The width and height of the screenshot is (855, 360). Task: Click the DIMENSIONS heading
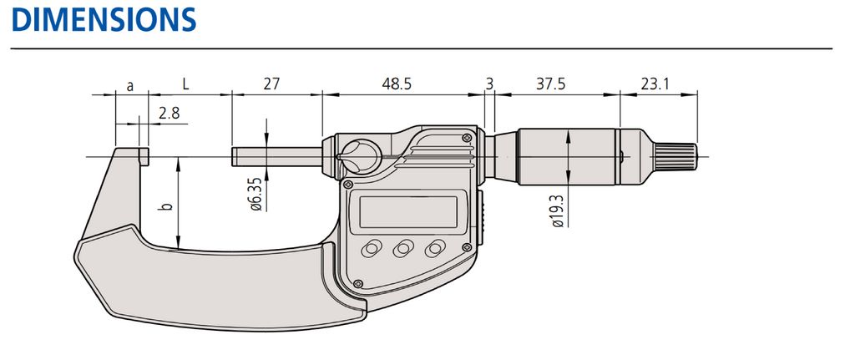click(103, 18)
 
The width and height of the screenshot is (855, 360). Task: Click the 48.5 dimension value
click(397, 84)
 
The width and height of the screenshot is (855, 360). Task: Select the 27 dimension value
click(271, 84)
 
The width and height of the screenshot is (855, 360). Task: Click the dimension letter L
click(185, 84)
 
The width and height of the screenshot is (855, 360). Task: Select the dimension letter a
click(129, 85)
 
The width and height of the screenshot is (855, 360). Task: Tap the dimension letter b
click(166, 205)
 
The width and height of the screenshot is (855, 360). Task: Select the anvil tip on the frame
click(142, 156)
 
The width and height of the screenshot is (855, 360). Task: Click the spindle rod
click(276, 157)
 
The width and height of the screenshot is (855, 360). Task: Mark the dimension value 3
click(489, 84)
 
